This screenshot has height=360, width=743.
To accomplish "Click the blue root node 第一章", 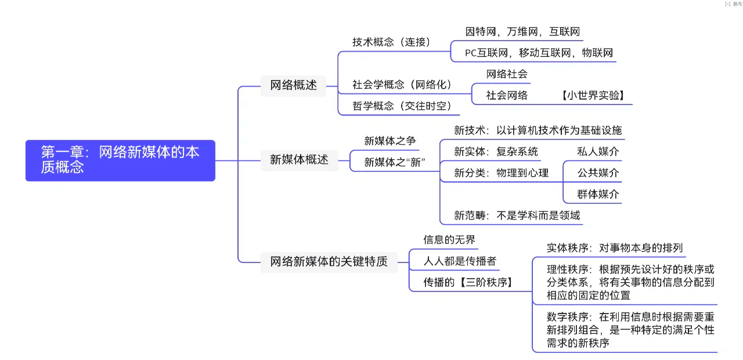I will [120, 160].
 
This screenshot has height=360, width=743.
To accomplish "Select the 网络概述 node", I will [293, 85].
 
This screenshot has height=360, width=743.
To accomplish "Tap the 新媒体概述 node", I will [299, 160].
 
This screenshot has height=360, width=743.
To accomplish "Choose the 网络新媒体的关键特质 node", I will [329, 261].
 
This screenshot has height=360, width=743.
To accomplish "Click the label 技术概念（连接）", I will [391, 42].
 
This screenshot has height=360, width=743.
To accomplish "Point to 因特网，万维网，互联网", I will [522, 31].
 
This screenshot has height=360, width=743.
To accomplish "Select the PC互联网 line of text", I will [539, 53].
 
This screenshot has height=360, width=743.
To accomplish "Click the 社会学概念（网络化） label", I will [402, 85].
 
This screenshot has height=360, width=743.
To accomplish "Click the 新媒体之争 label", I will [390, 141].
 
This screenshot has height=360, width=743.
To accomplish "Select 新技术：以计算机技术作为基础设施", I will [538, 130].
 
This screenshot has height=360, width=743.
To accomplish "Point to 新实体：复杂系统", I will [496, 152].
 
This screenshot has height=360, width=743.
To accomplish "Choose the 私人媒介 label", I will [598, 152].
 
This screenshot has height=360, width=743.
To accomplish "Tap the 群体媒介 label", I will [598, 194].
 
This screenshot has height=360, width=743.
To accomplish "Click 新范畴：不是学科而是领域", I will [517, 215].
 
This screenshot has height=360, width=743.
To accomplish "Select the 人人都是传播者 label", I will [460, 261].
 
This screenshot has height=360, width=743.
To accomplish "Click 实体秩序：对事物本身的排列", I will [615, 248].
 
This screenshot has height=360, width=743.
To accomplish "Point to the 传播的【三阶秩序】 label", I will [470, 283].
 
